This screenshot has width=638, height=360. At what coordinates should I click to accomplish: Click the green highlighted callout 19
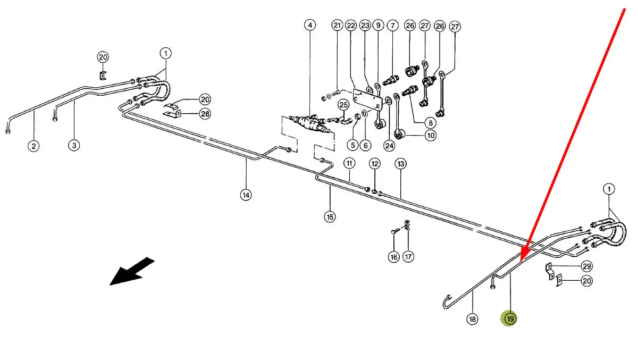click(x=510, y=319)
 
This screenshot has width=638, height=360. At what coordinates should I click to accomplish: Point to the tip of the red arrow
click(x=522, y=260)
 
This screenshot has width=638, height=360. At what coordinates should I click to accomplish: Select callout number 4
click(x=310, y=25)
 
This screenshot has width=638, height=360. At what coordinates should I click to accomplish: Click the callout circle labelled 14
click(x=245, y=195)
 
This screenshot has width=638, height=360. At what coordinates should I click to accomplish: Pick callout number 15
click(x=330, y=216)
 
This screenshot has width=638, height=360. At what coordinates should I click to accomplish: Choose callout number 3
click(x=74, y=145)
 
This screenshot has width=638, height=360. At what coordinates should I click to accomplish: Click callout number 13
click(x=400, y=163)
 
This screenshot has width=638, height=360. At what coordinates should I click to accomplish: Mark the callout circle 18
click(x=472, y=319)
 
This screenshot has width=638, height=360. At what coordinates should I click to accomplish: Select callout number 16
click(x=393, y=257)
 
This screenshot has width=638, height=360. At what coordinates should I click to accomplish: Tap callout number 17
click(x=408, y=257)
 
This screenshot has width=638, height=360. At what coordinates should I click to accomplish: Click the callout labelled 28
click(x=205, y=113)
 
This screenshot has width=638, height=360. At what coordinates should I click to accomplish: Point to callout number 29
click(x=587, y=266)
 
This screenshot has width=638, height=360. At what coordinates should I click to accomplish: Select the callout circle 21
click(x=337, y=25)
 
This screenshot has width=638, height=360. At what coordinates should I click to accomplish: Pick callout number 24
click(x=390, y=145)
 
